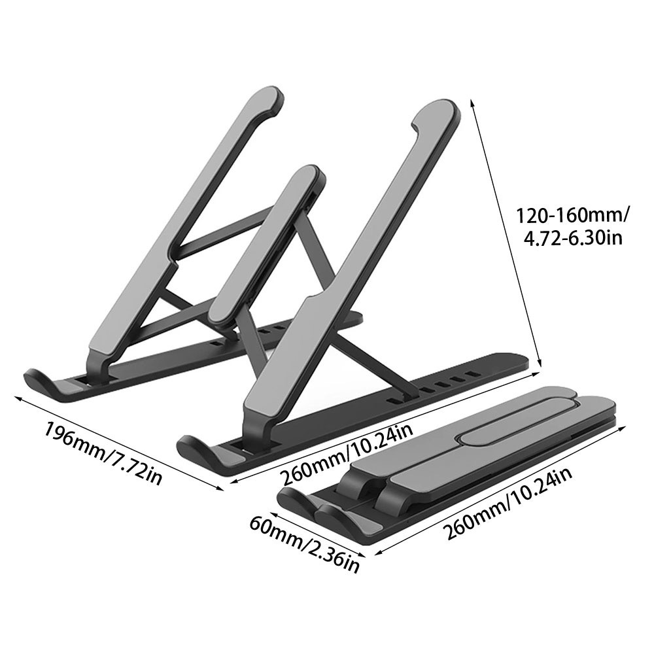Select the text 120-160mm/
tap(572, 215)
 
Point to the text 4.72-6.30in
tap(572, 237)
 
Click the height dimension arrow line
tap(507, 235)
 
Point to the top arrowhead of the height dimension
tap(472, 103)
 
